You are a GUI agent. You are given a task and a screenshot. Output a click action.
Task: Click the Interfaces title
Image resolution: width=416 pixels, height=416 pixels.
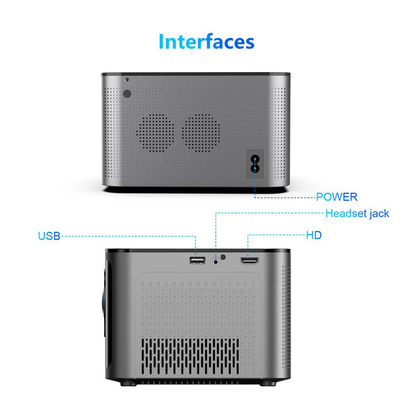click(x=207, y=42)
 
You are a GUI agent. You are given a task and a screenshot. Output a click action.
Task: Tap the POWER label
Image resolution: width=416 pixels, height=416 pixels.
click(x=337, y=197)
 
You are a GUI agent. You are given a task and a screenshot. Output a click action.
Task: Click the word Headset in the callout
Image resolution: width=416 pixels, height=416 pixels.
click(x=346, y=214)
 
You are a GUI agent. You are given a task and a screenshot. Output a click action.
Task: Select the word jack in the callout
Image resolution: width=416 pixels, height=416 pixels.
click(x=379, y=214)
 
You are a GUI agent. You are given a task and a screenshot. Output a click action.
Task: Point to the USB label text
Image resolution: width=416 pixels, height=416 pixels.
click(x=49, y=236)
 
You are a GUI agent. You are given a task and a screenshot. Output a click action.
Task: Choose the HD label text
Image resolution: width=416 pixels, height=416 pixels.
click(x=314, y=235)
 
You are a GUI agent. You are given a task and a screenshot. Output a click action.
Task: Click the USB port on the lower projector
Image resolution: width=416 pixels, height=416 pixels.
click(x=198, y=260)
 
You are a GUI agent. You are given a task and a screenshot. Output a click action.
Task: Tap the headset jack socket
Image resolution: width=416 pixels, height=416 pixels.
click(x=216, y=262)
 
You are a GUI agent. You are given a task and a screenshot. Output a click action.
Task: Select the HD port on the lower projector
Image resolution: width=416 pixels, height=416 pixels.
click(x=250, y=261)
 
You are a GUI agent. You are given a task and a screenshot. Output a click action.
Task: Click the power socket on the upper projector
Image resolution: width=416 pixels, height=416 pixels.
click(x=255, y=164)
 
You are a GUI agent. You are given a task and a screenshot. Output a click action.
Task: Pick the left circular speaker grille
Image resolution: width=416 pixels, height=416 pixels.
click(x=155, y=133)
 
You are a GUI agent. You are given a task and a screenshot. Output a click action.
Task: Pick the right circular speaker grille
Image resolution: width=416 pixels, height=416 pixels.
click(x=201, y=133)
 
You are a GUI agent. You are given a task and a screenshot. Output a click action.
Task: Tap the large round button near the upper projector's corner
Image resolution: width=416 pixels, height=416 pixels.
click(x=128, y=94)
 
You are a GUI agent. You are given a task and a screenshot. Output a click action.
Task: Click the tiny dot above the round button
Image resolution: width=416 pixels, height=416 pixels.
click(x=127, y=79)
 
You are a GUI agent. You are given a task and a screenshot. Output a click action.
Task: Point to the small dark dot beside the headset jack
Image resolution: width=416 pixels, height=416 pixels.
click(x=223, y=257)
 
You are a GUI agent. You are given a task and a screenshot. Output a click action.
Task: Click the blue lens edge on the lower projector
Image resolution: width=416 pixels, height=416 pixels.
click(x=103, y=304)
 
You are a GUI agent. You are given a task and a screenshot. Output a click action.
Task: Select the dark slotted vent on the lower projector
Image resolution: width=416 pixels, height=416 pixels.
click(x=190, y=356)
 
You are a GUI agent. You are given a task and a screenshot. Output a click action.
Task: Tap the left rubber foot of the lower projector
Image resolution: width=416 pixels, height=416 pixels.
click(x=128, y=383)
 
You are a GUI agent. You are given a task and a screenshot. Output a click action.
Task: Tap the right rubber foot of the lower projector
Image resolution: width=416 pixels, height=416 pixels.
click(x=268, y=383)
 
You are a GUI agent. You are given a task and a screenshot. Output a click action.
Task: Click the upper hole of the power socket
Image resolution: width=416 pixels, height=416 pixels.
click(x=255, y=159)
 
